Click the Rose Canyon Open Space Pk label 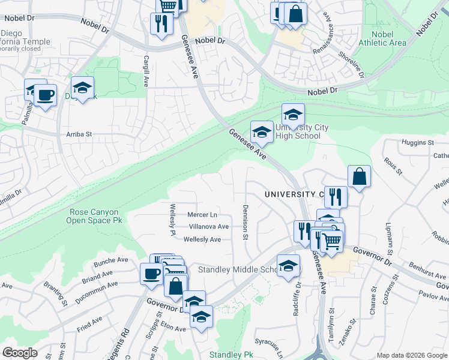click(94, 216)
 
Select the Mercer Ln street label click(202, 215)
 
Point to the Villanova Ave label click(208, 227)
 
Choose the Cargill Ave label click(146, 71)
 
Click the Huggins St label click(417, 143)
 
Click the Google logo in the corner click(20, 352)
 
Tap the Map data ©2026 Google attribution click(412, 355)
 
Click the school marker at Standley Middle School click(289, 265)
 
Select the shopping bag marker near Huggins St click(359, 176)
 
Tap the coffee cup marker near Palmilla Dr click(45, 95)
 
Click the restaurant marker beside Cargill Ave click(161, 24)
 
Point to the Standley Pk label click(231, 355)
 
